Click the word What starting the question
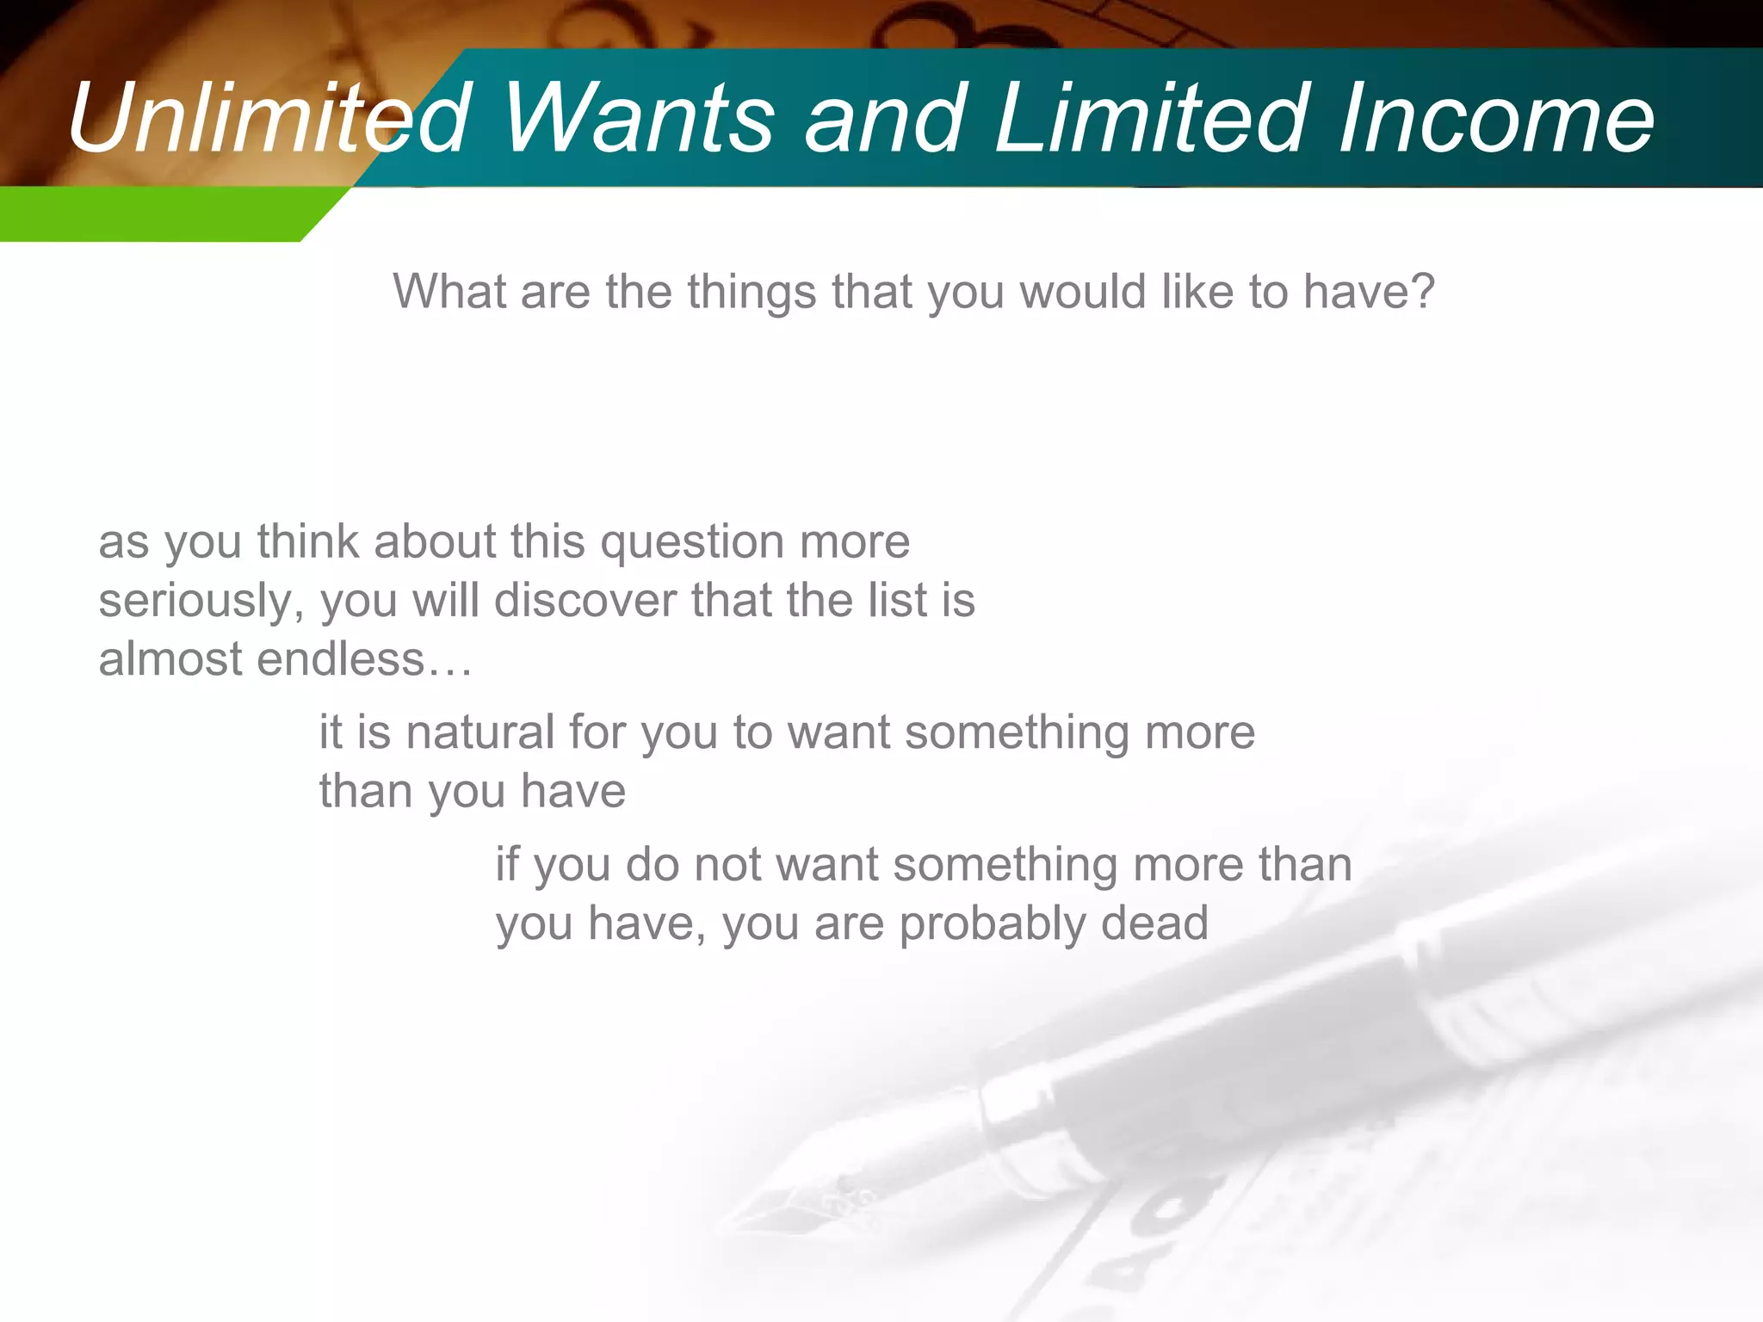pyautogui.click(x=449, y=291)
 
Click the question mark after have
pyautogui.click(x=1423, y=291)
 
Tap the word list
pyautogui.click(x=903, y=600)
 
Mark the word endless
pyautogui.click(x=341, y=659)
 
